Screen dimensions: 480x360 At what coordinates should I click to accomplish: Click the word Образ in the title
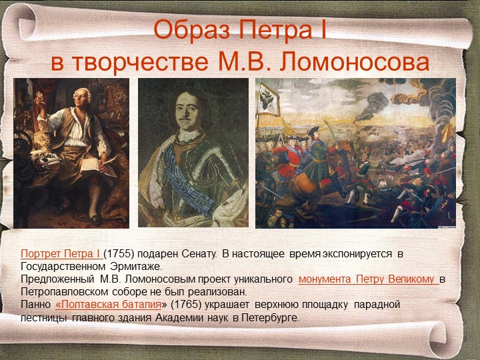pyautogui.click(x=191, y=30)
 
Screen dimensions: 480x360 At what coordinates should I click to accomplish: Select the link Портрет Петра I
pyautogui.click(x=61, y=254)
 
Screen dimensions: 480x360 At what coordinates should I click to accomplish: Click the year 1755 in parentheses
pyautogui.click(x=119, y=254)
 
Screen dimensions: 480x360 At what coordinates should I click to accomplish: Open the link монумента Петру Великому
pyautogui.click(x=368, y=279)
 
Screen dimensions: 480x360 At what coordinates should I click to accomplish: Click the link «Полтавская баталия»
pyautogui.click(x=109, y=305)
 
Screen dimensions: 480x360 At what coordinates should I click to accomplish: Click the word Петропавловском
pyautogui.click(x=64, y=292)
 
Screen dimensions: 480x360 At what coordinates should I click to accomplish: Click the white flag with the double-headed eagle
pyautogui.click(x=269, y=99)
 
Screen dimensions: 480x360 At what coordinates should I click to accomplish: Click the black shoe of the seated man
pyautogui.click(x=97, y=220)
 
